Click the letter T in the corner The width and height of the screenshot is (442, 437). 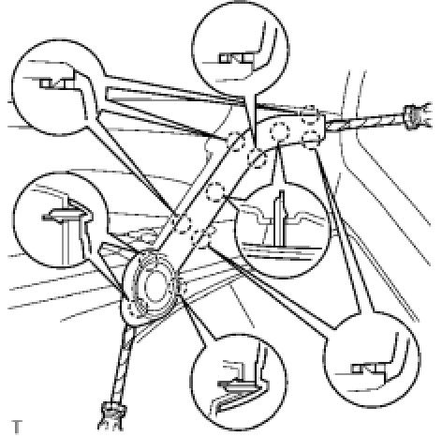pos(17,427)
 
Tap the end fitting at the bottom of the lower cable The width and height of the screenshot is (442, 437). pos(113,417)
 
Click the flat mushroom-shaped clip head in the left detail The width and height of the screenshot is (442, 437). pos(64,216)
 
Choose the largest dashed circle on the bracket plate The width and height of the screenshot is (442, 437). pos(280,131)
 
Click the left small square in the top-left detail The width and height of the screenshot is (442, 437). pos(45,83)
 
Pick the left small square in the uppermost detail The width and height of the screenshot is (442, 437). pos(224,58)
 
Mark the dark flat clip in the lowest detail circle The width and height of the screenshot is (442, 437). pos(237,384)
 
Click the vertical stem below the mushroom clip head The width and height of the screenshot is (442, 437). pos(65,242)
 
